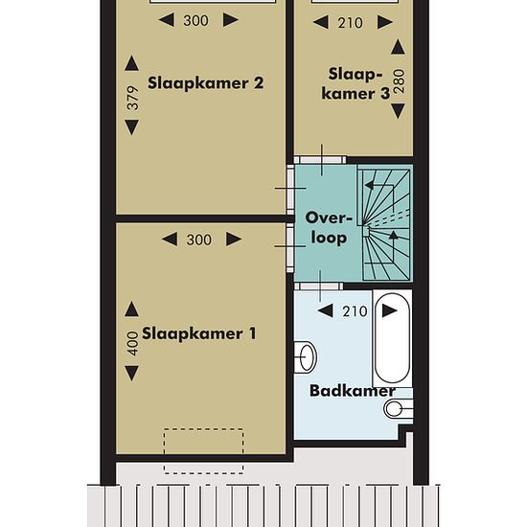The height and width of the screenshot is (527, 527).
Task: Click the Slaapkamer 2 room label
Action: coord(206,83)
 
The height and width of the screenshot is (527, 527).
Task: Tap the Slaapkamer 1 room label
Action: coord(199,333)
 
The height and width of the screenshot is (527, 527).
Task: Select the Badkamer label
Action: coord(353,391)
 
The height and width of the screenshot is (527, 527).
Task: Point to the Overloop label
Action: coord(329,228)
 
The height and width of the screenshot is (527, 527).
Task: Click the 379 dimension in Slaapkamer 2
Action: coord(133,98)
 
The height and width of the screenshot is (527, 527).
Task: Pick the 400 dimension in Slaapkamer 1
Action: coord(133,343)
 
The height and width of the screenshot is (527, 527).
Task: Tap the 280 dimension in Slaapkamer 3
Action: coord(399,81)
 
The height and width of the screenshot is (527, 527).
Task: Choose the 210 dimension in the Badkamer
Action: coord(355,311)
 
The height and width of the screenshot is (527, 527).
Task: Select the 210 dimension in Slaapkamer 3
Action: coord(350,23)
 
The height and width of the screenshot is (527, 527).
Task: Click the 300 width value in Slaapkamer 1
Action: coord(199,240)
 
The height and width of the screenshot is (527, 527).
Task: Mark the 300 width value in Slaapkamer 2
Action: coord(195,20)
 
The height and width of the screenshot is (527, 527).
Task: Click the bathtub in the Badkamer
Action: coord(392,338)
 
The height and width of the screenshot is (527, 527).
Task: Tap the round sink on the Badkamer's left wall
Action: coord(306,357)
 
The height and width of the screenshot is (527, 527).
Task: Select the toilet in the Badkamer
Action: coord(399,409)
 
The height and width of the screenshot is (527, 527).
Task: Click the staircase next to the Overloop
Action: coord(385,223)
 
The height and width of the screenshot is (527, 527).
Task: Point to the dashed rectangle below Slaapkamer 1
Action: coord(204,451)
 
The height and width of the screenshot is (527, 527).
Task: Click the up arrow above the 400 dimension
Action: coord(132,309)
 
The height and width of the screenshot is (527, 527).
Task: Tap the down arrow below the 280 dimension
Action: coord(399,111)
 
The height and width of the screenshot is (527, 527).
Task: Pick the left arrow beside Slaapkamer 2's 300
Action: coord(167,20)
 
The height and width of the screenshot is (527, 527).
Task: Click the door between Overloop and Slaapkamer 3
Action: coord(320,160)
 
